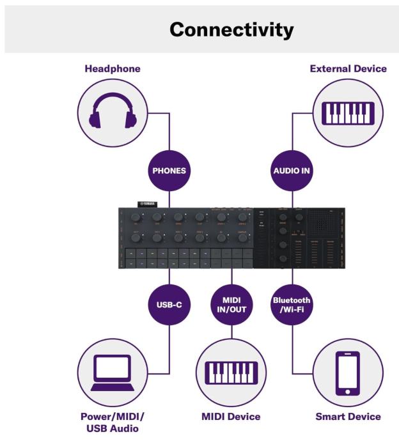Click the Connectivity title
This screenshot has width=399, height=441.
coord(231,29)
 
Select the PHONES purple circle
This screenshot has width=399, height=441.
coord(169,171)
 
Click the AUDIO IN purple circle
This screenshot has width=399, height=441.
coord(293,171)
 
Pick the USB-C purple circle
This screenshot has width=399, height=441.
coord(169,305)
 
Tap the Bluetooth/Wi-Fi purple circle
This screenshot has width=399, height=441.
coord(292,305)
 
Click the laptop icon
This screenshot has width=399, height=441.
coord(113,373)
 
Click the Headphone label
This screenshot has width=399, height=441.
coord(113,68)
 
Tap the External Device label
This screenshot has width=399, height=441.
coord(348,68)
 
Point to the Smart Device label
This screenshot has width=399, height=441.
coord(348,417)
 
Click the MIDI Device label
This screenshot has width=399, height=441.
coord(231,417)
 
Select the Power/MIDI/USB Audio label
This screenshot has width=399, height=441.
coord(113,422)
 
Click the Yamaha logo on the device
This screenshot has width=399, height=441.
coord(148,204)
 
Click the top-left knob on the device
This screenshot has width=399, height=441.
coord(136,217)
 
